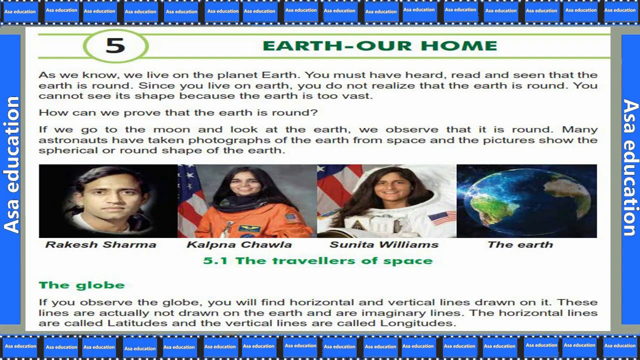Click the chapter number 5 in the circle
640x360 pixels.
point(115,45)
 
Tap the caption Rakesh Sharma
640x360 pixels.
point(101,244)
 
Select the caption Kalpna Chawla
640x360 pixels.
point(239,244)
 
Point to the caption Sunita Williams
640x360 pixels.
point(384,244)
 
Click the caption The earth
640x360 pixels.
point(520,244)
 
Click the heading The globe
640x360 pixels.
point(82,285)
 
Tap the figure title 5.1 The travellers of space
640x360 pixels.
point(318,261)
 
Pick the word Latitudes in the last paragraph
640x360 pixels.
point(137,323)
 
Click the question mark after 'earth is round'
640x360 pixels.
point(314,112)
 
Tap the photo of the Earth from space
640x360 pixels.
point(526,201)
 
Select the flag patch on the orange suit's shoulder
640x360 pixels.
point(292,218)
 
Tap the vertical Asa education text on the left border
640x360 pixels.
point(11,165)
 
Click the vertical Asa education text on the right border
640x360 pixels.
point(630,167)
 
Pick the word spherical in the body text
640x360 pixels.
point(68,150)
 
